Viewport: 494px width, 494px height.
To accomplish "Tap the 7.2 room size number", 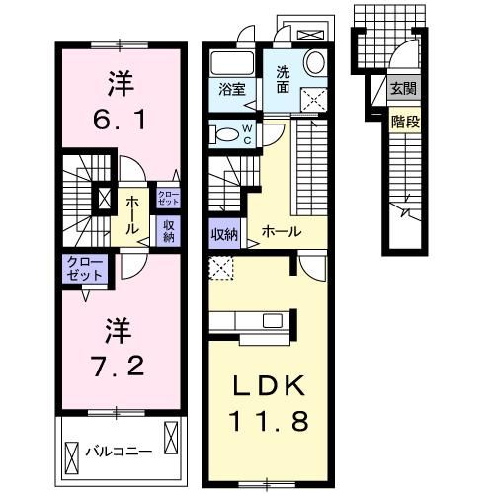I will [120, 366].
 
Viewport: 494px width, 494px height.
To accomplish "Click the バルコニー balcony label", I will [125, 451].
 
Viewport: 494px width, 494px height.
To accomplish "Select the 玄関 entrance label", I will [402, 89].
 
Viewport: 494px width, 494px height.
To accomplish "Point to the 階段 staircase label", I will [403, 123].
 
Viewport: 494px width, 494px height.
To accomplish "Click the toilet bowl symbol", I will [224, 133].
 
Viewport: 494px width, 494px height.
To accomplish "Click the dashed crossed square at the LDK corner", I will [221, 267].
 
